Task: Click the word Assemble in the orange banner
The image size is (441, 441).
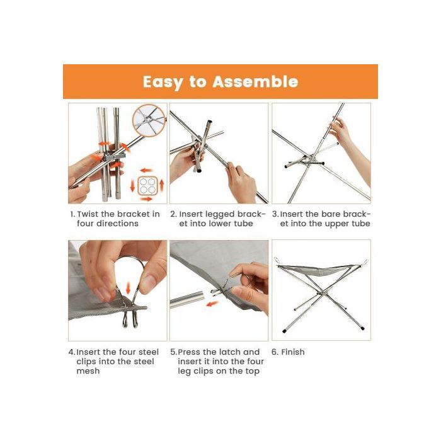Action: tap(255, 82)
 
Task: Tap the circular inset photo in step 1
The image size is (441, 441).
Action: tap(149, 120)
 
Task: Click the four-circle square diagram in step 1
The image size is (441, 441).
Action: tap(147, 185)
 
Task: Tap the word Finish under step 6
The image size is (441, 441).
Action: tap(293, 352)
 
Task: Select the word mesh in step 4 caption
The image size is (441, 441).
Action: tap(88, 371)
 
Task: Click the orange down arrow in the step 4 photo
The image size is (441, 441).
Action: tap(129, 289)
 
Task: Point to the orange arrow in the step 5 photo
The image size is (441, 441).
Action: tap(212, 304)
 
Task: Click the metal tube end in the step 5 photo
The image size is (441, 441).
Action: tap(200, 298)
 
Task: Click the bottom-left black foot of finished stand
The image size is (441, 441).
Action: tap(284, 331)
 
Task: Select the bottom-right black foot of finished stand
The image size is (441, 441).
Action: tap(362, 328)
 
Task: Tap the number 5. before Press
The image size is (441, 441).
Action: tap(173, 352)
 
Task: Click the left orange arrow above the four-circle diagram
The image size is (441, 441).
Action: tap(146, 171)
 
